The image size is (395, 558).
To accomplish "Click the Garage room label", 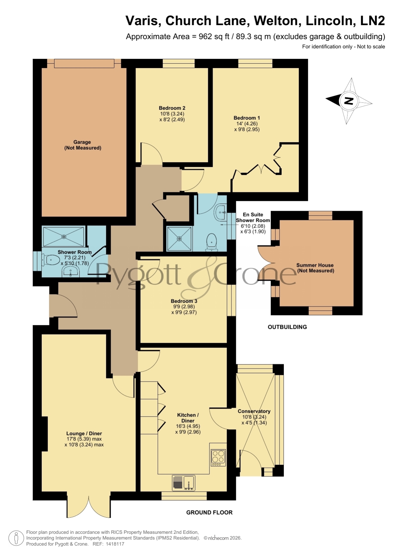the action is click(82, 142).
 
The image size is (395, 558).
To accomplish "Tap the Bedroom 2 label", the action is click(172, 108).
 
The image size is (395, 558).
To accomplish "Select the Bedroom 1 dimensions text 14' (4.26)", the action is click(247, 124).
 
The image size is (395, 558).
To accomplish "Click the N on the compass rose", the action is click(349, 101).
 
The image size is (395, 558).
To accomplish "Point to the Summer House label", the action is click(315, 265).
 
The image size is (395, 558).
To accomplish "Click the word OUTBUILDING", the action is click(287, 327).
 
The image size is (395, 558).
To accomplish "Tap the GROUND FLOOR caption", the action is click(209, 513).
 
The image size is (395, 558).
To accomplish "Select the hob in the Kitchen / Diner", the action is click(218, 458).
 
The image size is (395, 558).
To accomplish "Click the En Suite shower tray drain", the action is click(180, 238).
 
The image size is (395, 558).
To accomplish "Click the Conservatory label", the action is click(254, 411).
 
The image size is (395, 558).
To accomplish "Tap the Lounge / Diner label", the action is click(84, 433).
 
